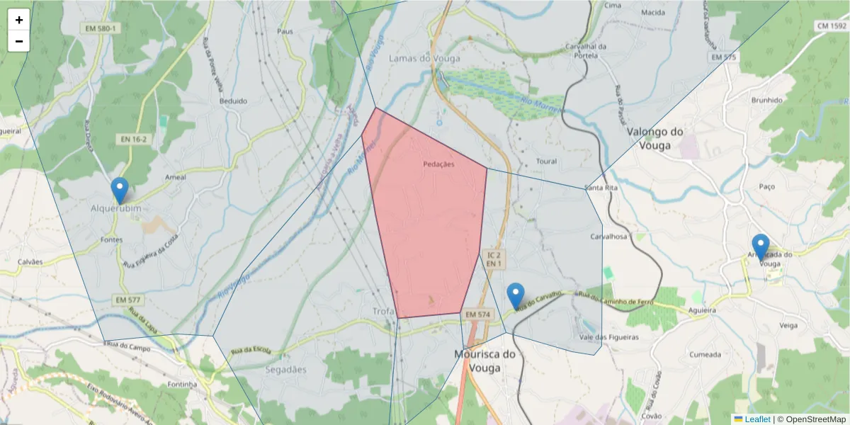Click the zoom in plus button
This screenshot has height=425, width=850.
(19, 20)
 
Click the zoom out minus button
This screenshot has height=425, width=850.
(19, 41)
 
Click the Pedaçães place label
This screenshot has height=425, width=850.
(438, 164)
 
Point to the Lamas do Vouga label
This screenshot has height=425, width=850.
(424, 59)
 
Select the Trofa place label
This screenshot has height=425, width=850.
(383, 311)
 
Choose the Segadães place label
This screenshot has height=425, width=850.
(285, 370)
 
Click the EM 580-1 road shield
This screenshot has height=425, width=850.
(101, 28)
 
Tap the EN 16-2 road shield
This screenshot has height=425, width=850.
(133, 140)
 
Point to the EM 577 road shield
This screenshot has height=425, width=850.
(127, 300)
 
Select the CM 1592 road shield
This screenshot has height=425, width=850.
(832, 26)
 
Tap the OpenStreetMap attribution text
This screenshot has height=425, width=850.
(815, 419)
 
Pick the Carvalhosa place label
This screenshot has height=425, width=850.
(609, 237)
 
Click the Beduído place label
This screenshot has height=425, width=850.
(234, 101)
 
